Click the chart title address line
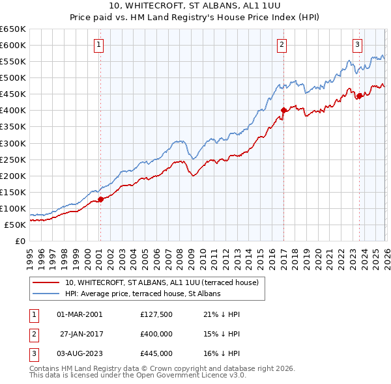pyautogui.click(x=195, y=6)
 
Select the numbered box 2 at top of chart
pyautogui.click(x=282, y=45)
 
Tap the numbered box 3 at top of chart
pyautogui.click(x=358, y=45)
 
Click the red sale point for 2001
pyautogui.click(x=100, y=199)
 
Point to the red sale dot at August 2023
pyautogui.click(x=359, y=96)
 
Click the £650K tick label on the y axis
pyautogui.click(x=13, y=29)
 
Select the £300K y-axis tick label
pyautogui.click(x=13, y=143)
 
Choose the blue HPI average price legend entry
pyautogui.click(x=143, y=294)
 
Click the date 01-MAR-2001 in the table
pyautogui.click(x=80, y=314)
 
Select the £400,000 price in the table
pyautogui.click(x=156, y=334)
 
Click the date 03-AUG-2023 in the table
pyautogui.click(x=80, y=353)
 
